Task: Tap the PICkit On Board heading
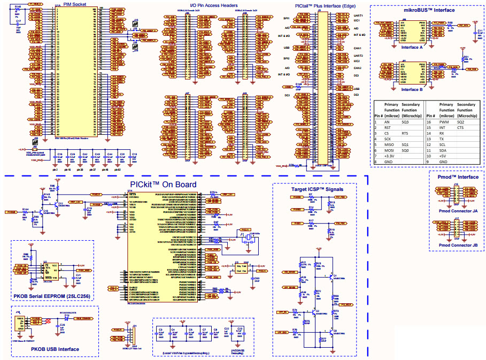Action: click(163, 185)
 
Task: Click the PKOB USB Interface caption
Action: click(55, 349)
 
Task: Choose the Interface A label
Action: click(412, 47)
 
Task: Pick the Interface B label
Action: click(412, 89)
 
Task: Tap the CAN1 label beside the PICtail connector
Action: click(358, 48)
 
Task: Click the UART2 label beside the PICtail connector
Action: click(359, 55)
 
